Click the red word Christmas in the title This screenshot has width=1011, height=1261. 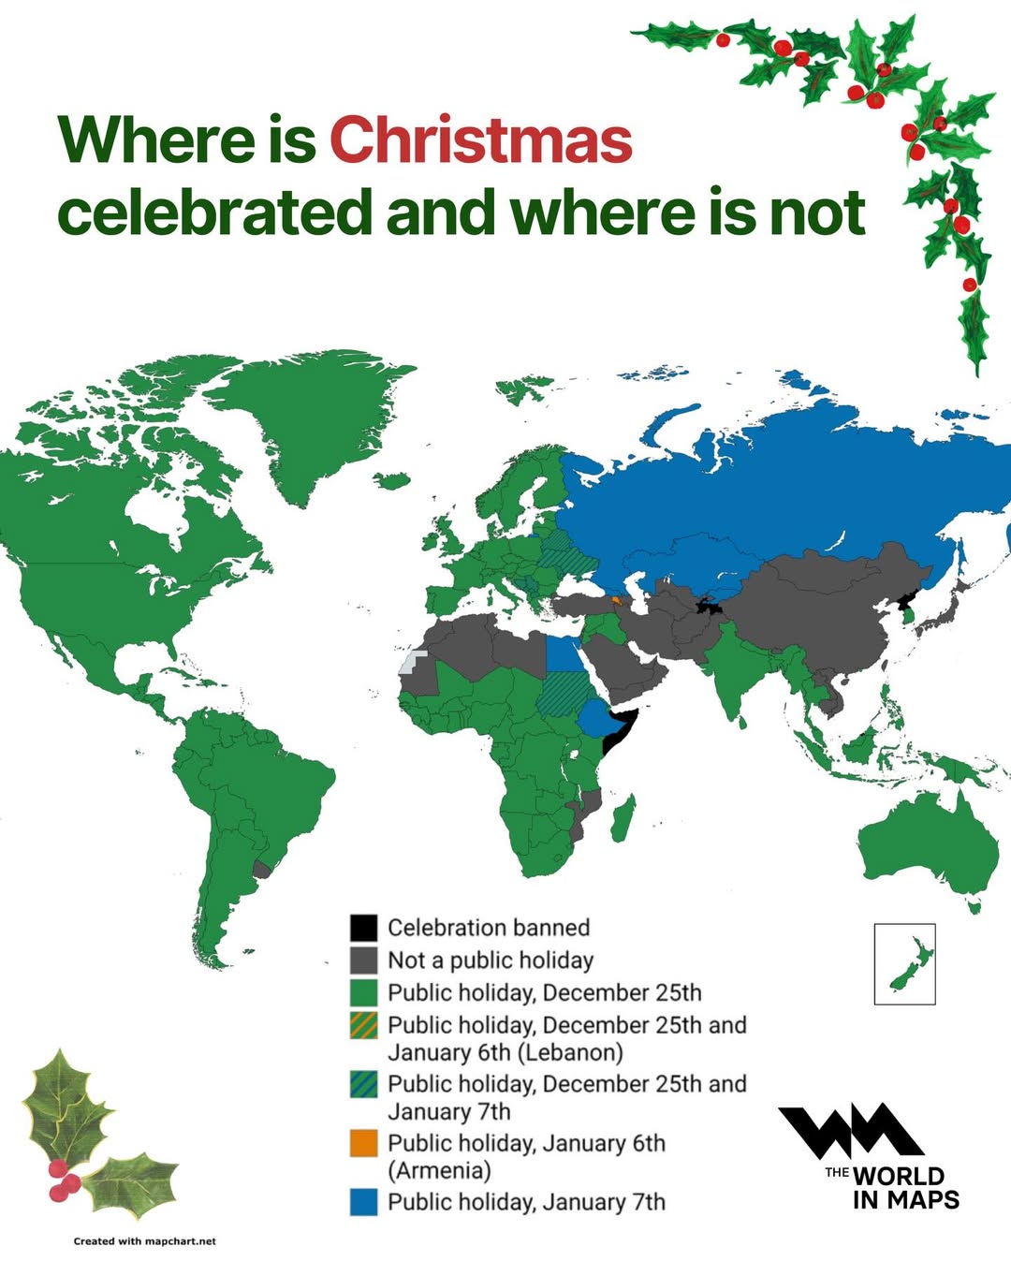click(480, 140)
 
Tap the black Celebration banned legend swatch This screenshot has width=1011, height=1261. click(363, 928)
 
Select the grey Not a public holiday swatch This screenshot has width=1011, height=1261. click(363, 960)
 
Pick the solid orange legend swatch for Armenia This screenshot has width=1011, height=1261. click(363, 1143)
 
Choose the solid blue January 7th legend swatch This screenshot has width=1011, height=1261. click(363, 1202)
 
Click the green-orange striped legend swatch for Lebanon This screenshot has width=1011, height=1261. click(363, 1025)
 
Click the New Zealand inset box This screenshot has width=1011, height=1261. click(904, 963)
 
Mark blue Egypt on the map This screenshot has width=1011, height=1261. click(563, 654)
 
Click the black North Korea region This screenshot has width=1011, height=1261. click(906, 599)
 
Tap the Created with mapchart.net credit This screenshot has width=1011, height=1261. click(145, 1241)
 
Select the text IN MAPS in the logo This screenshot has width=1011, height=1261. click(905, 1199)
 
